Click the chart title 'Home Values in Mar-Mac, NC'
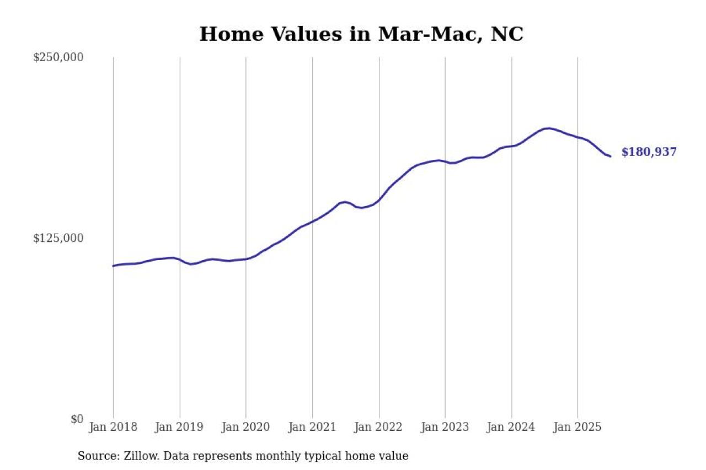(x=361, y=34)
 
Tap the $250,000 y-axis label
(x=58, y=57)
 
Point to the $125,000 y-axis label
(x=58, y=238)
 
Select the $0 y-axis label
(x=77, y=419)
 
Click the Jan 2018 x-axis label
(x=113, y=427)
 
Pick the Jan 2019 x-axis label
(x=180, y=427)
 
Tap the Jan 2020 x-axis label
(x=246, y=427)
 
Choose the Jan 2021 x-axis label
(x=312, y=427)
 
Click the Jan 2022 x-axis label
(x=379, y=427)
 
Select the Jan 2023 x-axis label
(x=445, y=427)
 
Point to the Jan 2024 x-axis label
(x=511, y=427)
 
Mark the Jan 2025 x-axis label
(x=577, y=427)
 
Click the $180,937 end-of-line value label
(x=649, y=153)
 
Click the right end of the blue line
(x=611, y=156)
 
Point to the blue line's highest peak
(x=548, y=128)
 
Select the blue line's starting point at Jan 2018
(x=113, y=266)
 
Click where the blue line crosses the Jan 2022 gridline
(x=379, y=199)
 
